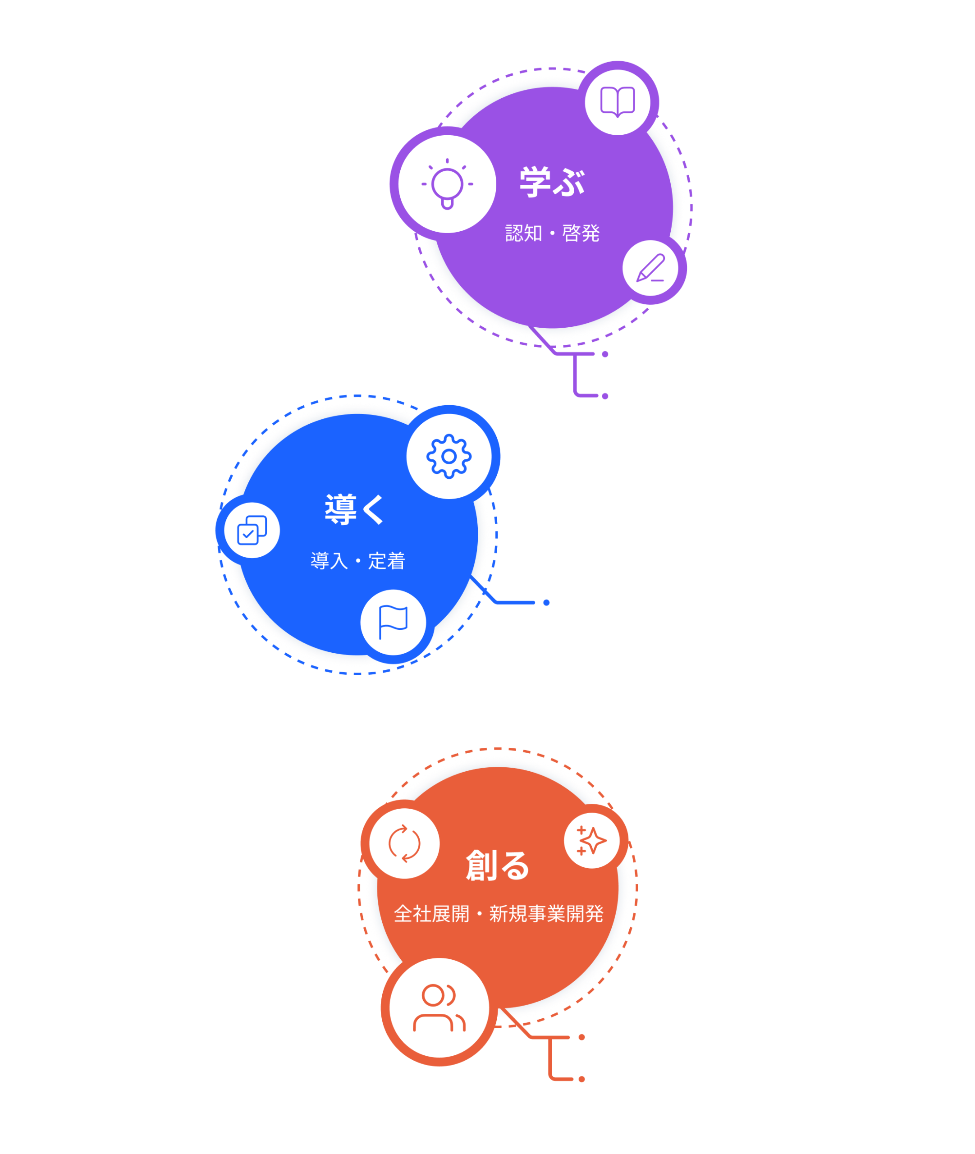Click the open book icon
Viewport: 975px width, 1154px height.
[x=618, y=102]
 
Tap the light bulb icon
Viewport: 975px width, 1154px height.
[x=447, y=183]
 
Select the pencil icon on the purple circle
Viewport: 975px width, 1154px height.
[x=651, y=269]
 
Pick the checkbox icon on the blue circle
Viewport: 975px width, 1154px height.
[x=252, y=530]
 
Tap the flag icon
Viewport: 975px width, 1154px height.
[x=393, y=623]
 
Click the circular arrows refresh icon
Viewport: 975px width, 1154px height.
[x=404, y=843]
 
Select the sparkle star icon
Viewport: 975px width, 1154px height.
[x=591, y=841]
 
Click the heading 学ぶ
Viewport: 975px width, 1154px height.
[x=552, y=183]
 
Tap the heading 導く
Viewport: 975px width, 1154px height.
[x=354, y=509]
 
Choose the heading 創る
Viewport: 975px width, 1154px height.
[x=497, y=866]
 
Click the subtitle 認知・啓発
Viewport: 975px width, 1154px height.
[x=552, y=233]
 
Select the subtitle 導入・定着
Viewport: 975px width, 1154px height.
[x=357, y=561]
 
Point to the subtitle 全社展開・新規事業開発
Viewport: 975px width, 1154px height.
[x=498, y=914]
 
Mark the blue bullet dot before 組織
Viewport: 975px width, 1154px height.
[x=546, y=602]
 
